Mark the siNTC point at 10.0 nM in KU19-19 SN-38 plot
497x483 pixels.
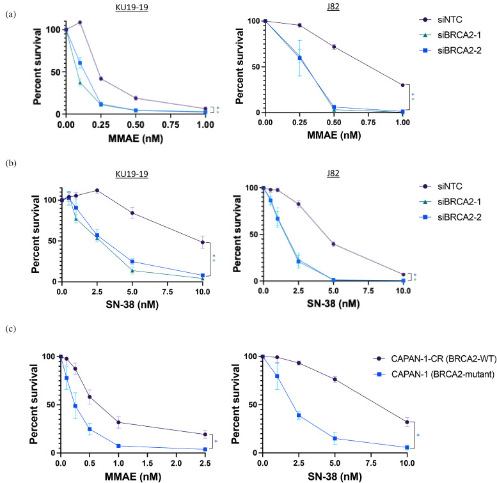click(203, 242)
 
